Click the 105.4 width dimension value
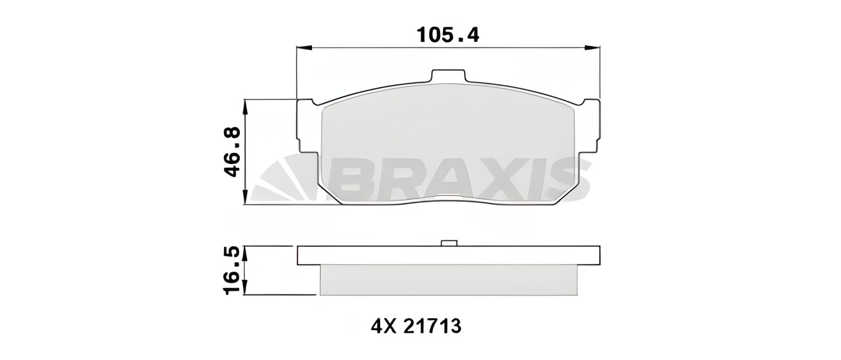point(448,35)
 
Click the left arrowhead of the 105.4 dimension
point(303,47)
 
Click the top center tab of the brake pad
point(448,76)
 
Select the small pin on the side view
point(448,244)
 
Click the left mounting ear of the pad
point(307,127)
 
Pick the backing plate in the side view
point(448,256)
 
